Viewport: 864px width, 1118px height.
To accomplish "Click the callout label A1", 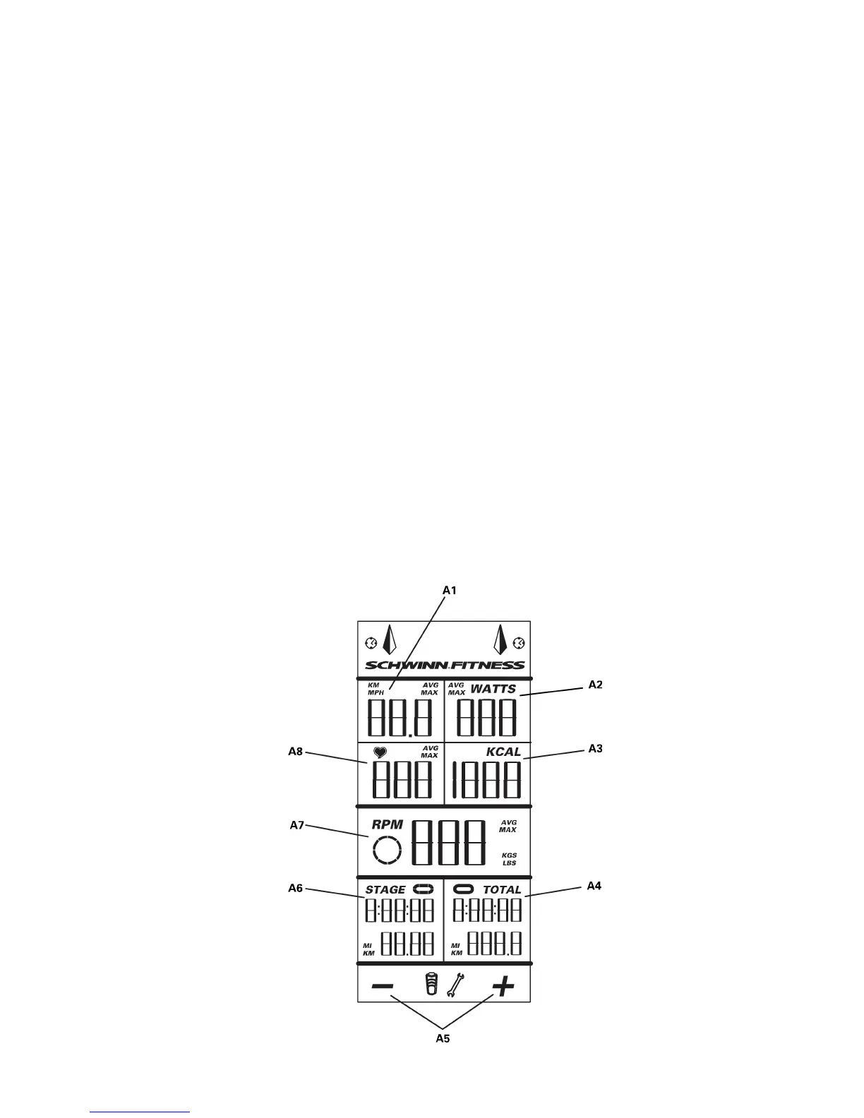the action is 450,590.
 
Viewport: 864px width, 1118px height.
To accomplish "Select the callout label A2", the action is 596,685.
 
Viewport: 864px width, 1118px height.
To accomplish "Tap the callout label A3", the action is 596,749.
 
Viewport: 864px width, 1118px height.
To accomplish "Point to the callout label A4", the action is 594,886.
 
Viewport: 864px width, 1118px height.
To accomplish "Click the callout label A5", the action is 443,1038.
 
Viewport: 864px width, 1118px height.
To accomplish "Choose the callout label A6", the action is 295,888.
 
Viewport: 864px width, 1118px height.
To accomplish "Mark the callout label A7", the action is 297,824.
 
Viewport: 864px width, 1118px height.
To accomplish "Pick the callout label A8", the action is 295,752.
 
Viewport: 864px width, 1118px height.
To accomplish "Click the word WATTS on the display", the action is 493,689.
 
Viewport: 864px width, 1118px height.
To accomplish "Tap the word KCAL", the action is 503,752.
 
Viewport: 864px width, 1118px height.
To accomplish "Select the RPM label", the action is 388,824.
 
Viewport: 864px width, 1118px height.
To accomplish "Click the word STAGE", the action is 385,890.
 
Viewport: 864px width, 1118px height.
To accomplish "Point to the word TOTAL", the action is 502,890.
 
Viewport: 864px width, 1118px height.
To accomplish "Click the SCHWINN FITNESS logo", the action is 445,665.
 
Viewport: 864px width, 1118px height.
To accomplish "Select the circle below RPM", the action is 387,850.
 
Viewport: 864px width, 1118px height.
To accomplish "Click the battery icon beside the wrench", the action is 431,984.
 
